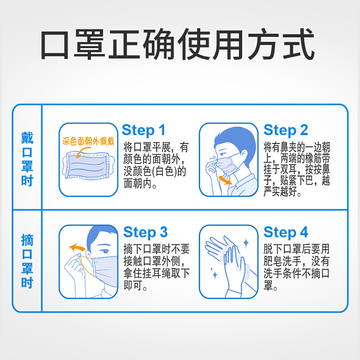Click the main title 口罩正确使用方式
coord(177,44)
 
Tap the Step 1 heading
coord(144,130)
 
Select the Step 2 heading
coord(286,130)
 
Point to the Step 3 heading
coord(145,232)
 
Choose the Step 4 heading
coord(286,232)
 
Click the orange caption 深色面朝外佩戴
coord(88,141)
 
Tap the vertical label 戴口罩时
coord(27,159)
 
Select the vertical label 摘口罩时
coord(27,261)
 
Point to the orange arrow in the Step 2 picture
coord(225,179)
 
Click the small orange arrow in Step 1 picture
coord(82,151)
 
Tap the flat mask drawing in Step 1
coord(88,166)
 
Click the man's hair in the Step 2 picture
coord(237,140)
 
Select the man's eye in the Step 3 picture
coord(105,251)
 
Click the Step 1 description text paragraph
coord(156,165)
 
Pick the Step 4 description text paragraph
coord(297,267)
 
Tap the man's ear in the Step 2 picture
coord(244,156)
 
